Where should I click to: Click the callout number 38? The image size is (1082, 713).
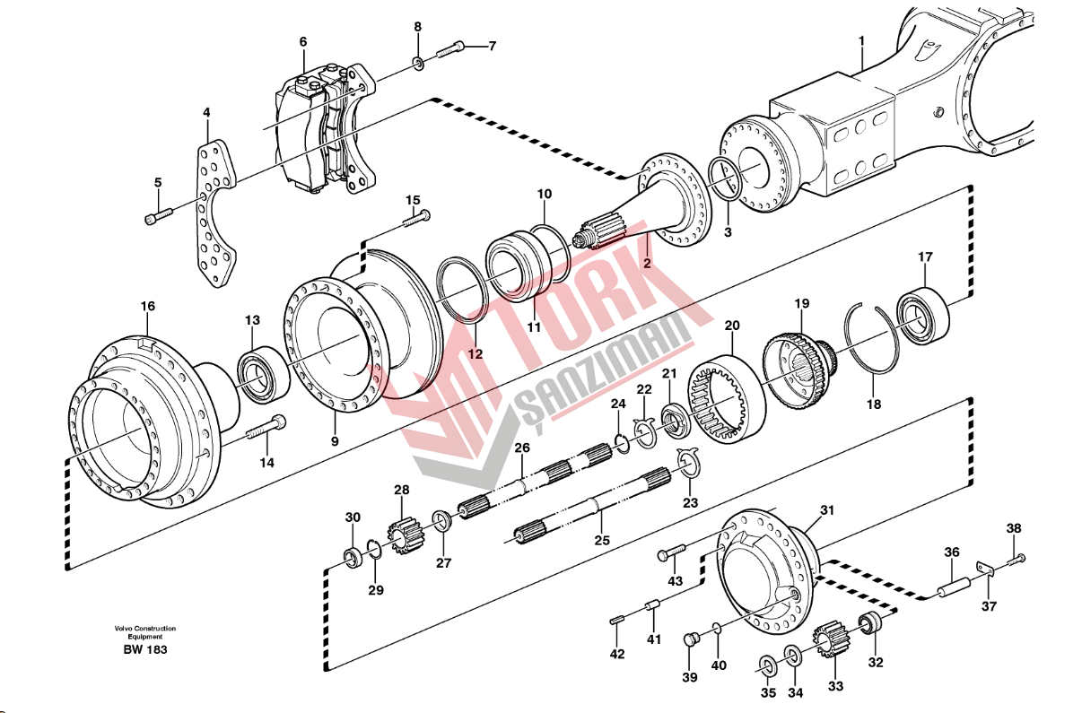click(1013, 529)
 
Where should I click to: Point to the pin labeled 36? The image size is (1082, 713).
click(952, 592)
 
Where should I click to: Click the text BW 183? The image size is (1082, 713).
click(144, 649)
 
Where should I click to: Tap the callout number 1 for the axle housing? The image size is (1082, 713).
click(861, 40)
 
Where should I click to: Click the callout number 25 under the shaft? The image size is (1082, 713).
click(601, 540)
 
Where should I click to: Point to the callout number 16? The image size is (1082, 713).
click(148, 307)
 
